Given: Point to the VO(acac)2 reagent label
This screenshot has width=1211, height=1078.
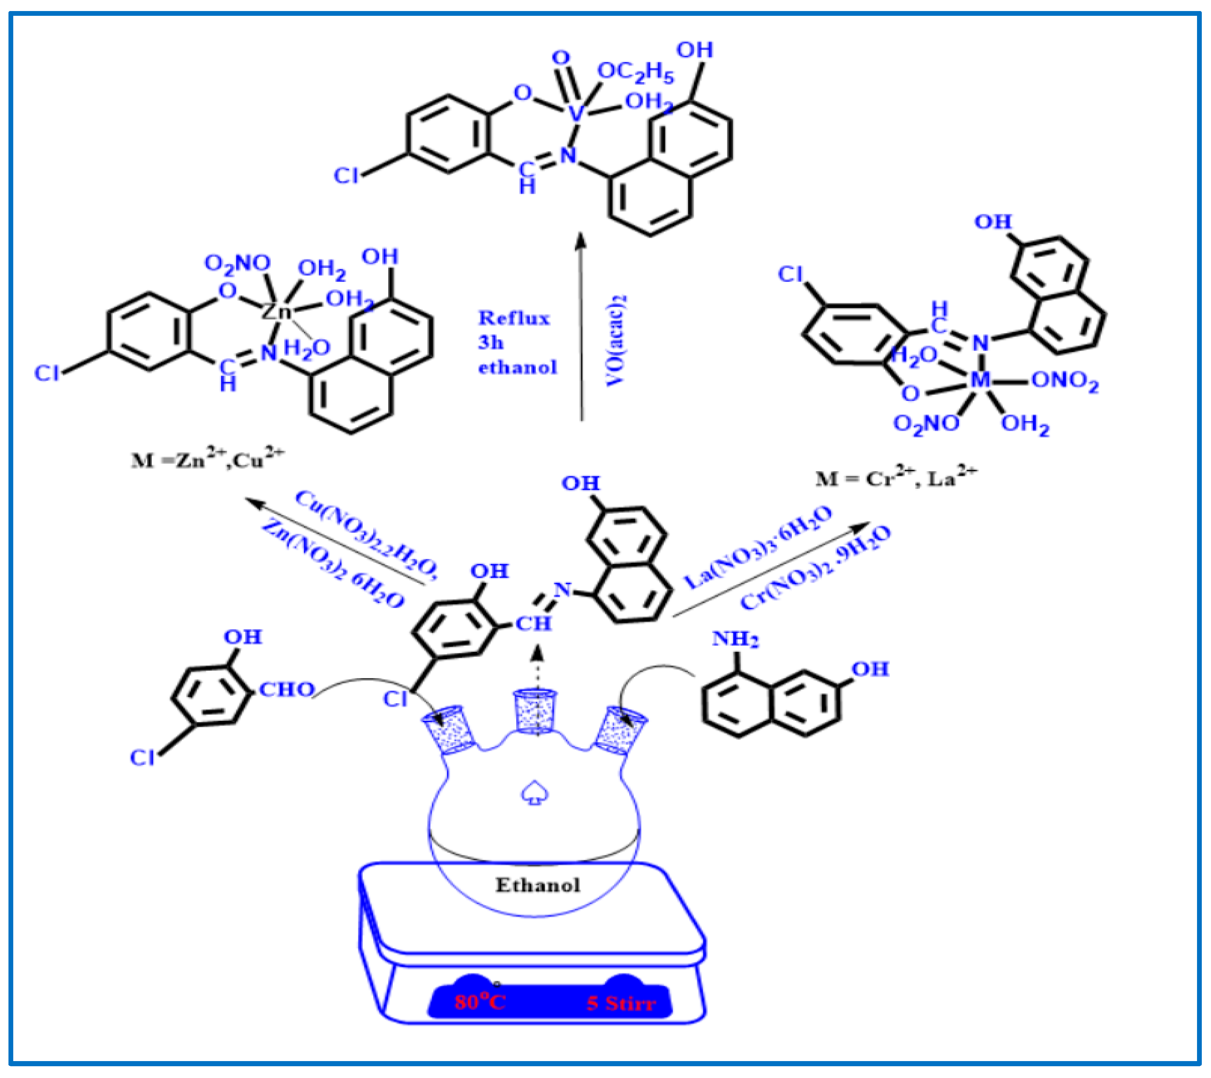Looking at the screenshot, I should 616,341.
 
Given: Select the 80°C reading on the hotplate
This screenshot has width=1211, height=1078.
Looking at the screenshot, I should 480,1002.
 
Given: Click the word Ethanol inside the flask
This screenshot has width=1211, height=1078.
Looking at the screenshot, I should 537,886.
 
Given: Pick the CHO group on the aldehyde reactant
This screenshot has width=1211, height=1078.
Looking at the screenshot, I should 287,690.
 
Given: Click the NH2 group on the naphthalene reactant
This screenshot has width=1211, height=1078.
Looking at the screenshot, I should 734,639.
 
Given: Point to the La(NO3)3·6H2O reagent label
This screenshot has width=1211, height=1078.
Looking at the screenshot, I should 758,548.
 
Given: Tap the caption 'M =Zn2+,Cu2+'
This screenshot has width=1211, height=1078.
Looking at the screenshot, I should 208,459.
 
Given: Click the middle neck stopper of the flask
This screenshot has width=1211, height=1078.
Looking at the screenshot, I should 536,711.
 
